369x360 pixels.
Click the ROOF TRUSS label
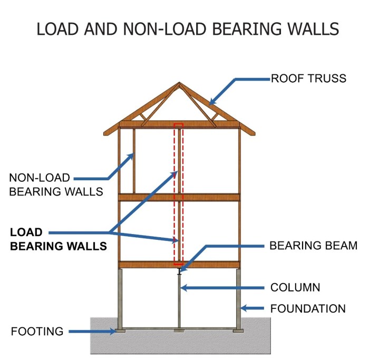point(308,79)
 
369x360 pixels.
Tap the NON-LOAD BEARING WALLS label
point(56,184)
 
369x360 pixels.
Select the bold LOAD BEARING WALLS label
point(59,239)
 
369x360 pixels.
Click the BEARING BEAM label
point(313,246)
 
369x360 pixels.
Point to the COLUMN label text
point(295,288)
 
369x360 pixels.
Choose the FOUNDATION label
point(308,309)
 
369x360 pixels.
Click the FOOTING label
point(37,332)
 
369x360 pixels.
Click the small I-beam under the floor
point(179,271)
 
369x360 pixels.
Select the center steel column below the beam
point(179,300)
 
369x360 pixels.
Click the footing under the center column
point(179,330)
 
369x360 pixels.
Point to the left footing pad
point(121,330)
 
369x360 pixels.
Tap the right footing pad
point(238,330)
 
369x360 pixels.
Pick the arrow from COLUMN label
point(221,288)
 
